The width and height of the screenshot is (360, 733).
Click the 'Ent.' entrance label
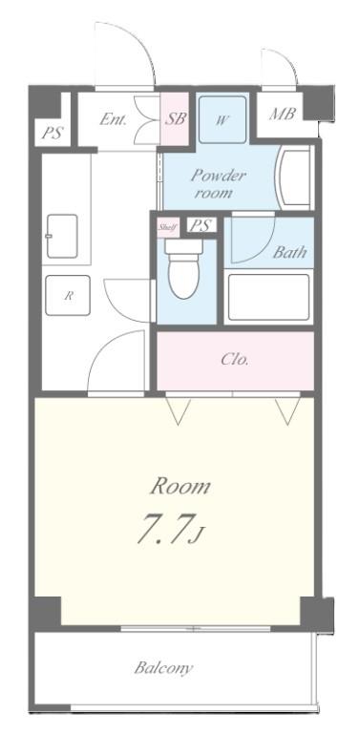pos(115,119)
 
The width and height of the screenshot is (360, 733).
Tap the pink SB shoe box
pos(175,118)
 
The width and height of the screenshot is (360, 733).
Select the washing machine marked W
pos(222,120)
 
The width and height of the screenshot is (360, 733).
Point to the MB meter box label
pos(282,115)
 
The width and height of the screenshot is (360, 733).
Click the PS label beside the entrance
pos(52,134)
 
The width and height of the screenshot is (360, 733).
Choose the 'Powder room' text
pos(218,183)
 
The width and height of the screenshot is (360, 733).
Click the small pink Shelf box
pos(168,227)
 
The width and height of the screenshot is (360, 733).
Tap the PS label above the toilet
pos(200,226)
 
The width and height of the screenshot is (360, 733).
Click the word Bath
pos(288,254)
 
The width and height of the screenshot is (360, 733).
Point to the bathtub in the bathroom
pos(268,297)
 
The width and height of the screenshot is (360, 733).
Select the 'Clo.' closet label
pos(235,360)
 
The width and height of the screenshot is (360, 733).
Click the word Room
pos(180,486)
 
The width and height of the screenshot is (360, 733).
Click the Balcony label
pos(163,667)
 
